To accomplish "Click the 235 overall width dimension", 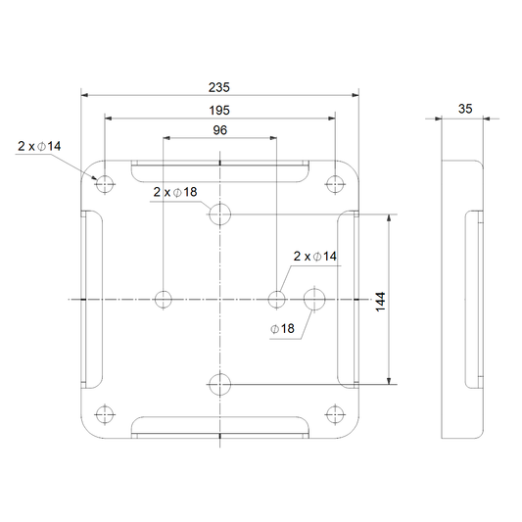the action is click(x=219, y=87).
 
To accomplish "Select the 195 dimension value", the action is click(x=219, y=111).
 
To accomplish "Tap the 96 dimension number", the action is click(x=219, y=130).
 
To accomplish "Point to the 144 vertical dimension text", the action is click(x=380, y=302).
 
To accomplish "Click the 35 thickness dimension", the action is click(x=465, y=109).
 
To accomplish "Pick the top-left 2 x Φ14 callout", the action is click(x=39, y=146).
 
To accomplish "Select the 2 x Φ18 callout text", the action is click(x=175, y=192).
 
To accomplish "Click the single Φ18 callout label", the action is click(x=282, y=329).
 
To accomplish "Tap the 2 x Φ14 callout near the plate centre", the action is click(x=315, y=257).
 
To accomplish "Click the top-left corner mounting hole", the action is click(x=105, y=184).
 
